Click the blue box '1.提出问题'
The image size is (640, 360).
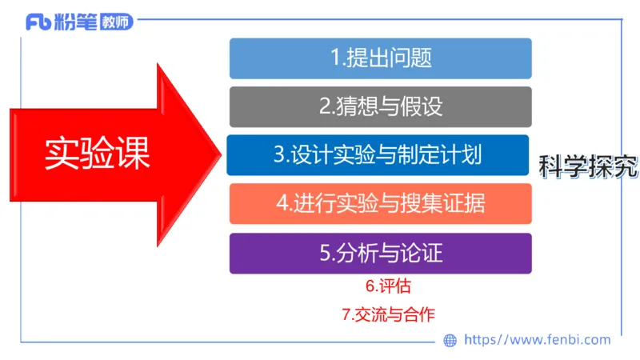(381, 58)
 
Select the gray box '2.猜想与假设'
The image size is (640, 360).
(381, 106)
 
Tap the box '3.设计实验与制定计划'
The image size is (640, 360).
(378, 155)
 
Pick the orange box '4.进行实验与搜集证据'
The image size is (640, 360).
(381, 204)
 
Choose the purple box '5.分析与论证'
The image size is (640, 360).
(381, 254)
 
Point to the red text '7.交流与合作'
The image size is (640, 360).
(388, 314)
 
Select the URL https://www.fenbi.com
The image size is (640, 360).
(537, 340)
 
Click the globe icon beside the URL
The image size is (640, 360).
(450, 340)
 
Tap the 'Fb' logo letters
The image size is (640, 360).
(38, 22)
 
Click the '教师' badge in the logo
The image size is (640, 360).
(117, 22)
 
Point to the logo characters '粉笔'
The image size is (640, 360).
(74, 22)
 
